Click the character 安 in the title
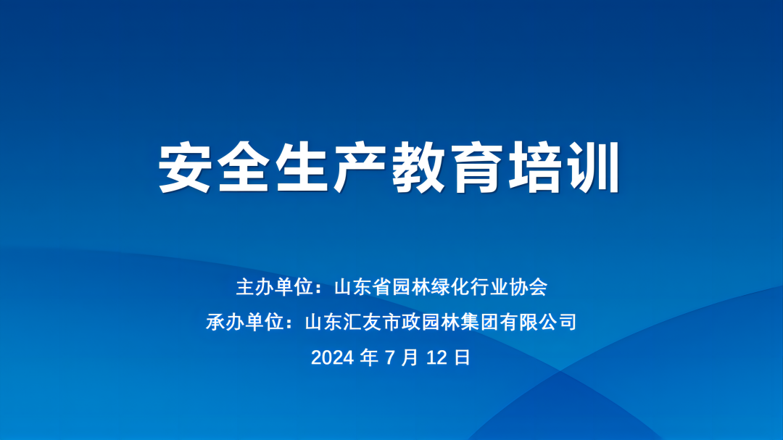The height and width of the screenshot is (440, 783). click(184, 167)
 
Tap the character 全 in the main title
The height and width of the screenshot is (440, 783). click(243, 167)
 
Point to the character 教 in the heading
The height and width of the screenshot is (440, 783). click(418, 167)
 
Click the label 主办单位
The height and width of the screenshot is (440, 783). click(275, 287)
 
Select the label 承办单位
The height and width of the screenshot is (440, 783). click(245, 322)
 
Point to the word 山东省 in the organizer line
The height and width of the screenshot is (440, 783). click(363, 287)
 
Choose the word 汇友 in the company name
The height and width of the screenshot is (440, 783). click(362, 322)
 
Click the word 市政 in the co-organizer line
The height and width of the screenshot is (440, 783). click(402, 322)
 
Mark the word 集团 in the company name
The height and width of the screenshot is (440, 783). click(479, 322)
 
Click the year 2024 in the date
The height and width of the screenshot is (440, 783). click(333, 357)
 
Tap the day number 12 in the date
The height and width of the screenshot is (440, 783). click(437, 357)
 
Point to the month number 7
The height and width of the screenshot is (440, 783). click(390, 357)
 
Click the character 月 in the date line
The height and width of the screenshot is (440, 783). click(410, 357)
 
